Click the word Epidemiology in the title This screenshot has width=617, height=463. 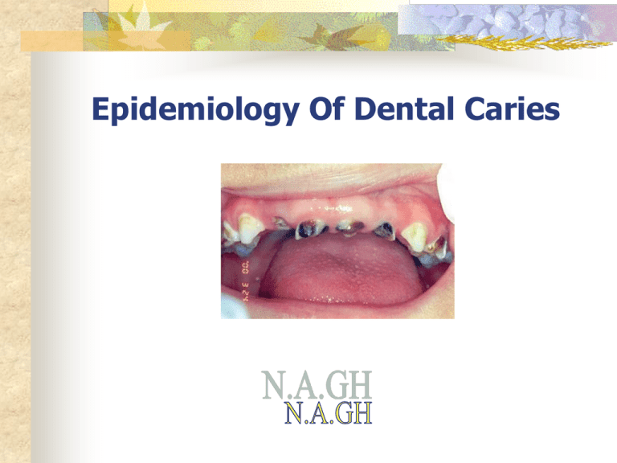pos(195,110)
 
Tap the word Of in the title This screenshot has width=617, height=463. pos(327,109)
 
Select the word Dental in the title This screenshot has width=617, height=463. pos(404,109)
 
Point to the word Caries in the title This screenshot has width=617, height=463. pos(512,109)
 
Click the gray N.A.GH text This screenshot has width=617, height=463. pos(317,385)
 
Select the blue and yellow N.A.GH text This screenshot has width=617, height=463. pos(328,412)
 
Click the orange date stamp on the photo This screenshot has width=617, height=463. pos(246,281)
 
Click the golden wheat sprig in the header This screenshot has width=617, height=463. pos(523,42)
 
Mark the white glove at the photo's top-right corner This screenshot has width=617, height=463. pos(447,193)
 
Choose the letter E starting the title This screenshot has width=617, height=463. pos(100,109)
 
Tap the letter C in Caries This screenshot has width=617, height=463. pos(474,109)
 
